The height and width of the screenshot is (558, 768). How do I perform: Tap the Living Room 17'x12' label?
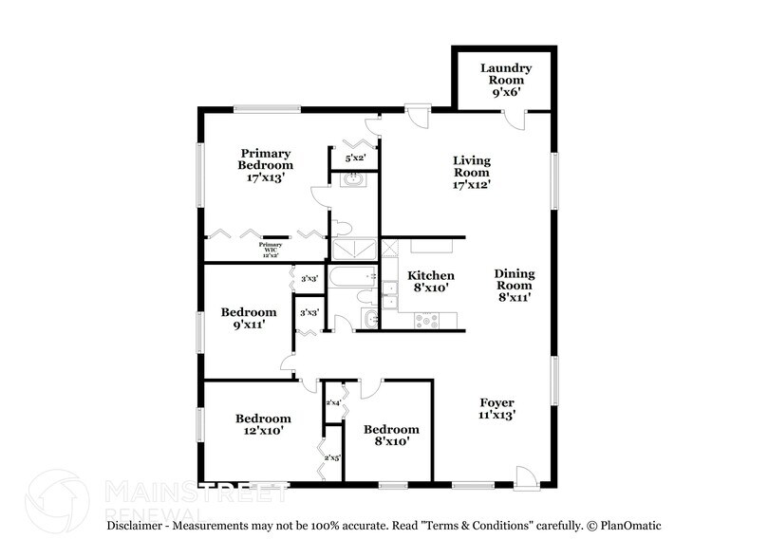[x=471, y=173]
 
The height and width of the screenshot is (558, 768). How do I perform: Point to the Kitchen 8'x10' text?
[x=428, y=281]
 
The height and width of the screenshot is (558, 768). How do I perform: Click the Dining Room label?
[x=515, y=285]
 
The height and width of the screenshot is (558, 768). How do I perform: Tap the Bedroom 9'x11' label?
[x=249, y=318]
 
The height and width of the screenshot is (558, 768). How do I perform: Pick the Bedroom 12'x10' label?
[x=263, y=424]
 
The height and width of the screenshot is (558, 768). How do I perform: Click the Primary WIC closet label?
[x=272, y=251]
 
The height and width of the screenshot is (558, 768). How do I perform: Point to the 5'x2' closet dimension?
[x=355, y=158]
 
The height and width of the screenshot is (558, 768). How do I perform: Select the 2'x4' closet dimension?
[x=333, y=403]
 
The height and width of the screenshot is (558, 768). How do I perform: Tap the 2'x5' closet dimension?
[x=332, y=458]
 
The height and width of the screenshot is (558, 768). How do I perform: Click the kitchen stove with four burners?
[x=423, y=321]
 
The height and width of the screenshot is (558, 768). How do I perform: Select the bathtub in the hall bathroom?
[x=352, y=278]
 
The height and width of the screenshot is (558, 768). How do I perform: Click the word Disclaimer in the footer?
[x=137, y=525]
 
